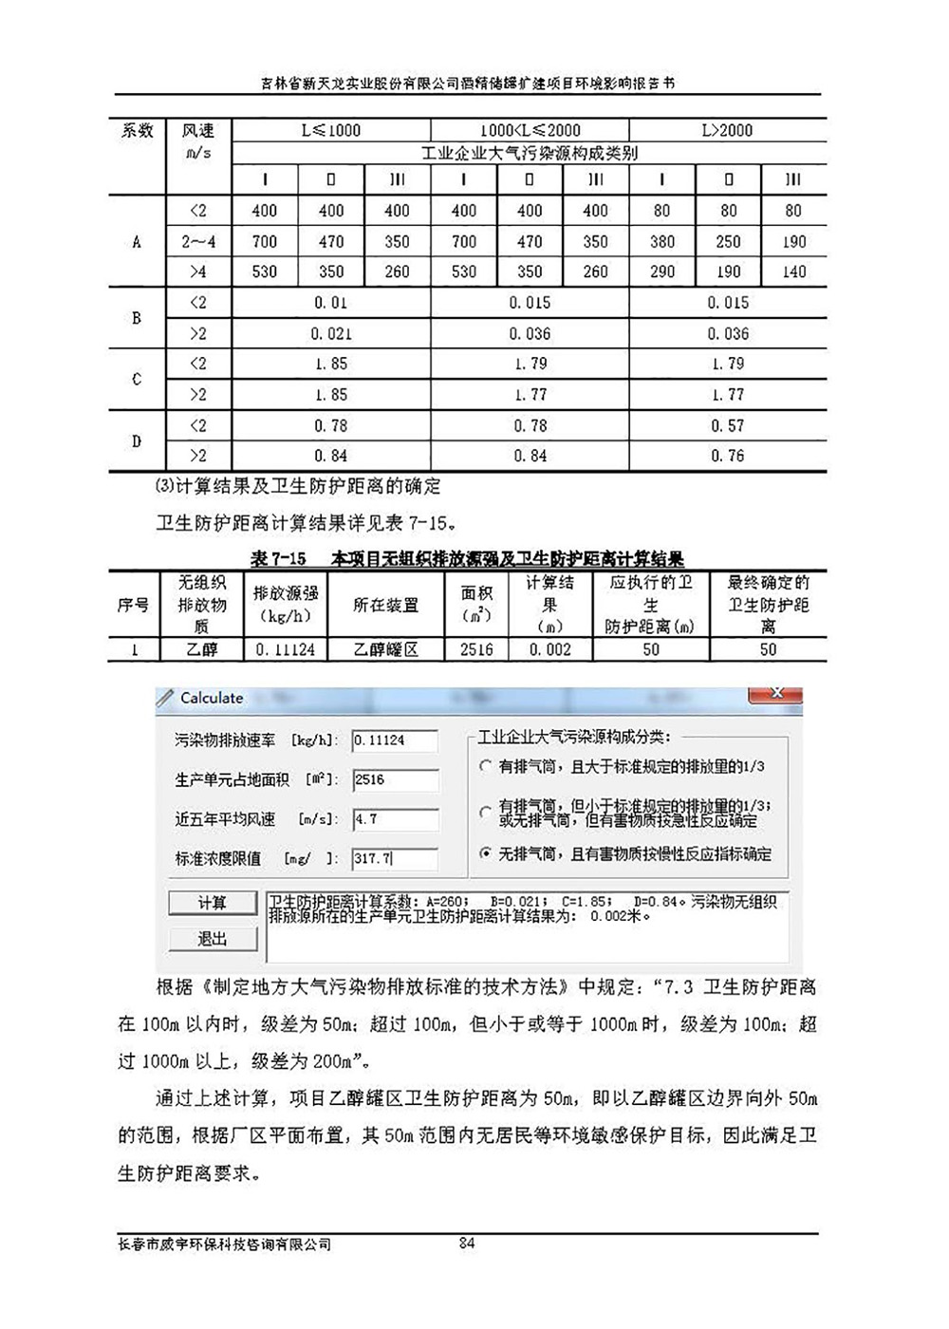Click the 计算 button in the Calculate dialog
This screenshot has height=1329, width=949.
click(213, 903)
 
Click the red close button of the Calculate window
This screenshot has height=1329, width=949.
click(775, 695)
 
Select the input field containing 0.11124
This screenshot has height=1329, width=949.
click(395, 740)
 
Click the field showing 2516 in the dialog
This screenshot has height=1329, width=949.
click(395, 780)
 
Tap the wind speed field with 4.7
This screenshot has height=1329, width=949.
click(395, 819)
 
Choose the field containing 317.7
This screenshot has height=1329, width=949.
click(395, 858)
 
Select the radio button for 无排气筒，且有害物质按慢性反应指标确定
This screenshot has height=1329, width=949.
click(486, 853)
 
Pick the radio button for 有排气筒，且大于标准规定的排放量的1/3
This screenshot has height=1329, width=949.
click(486, 766)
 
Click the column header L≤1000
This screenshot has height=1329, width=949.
click(330, 130)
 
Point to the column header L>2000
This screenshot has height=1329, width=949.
click(727, 130)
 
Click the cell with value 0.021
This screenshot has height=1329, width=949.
click(330, 333)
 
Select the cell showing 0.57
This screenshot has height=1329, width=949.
click(727, 425)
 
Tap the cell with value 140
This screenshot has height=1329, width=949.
click(793, 271)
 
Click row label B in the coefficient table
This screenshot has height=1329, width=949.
click(137, 318)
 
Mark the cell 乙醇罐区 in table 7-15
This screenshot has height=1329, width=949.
click(385, 649)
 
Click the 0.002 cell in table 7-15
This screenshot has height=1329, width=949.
click(549, 649)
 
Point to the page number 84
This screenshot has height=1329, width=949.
click(467, 1243)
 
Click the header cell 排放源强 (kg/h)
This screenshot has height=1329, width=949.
click(286, 605)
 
